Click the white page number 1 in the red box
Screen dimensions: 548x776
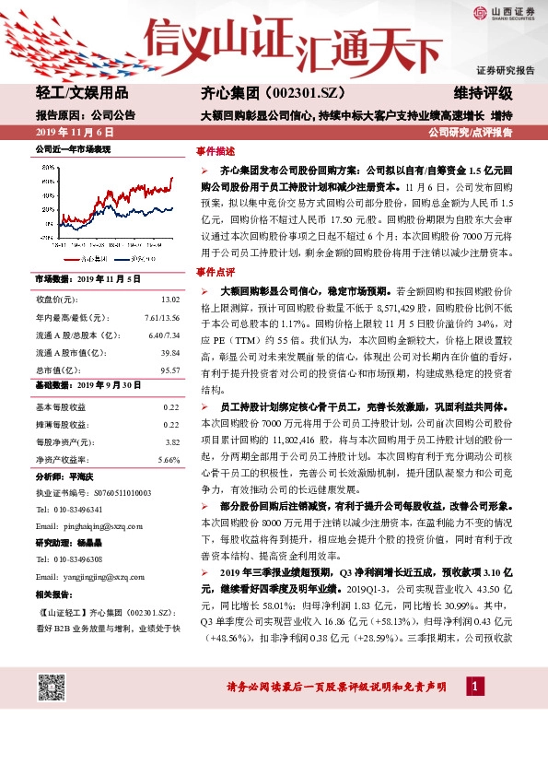point(474,688)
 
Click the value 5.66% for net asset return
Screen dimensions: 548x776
point(169,459)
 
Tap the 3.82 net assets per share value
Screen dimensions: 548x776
point(171,441)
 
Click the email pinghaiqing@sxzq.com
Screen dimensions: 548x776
point(102,525)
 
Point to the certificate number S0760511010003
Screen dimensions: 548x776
point(123,493)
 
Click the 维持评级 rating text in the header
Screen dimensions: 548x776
point(483,94)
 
